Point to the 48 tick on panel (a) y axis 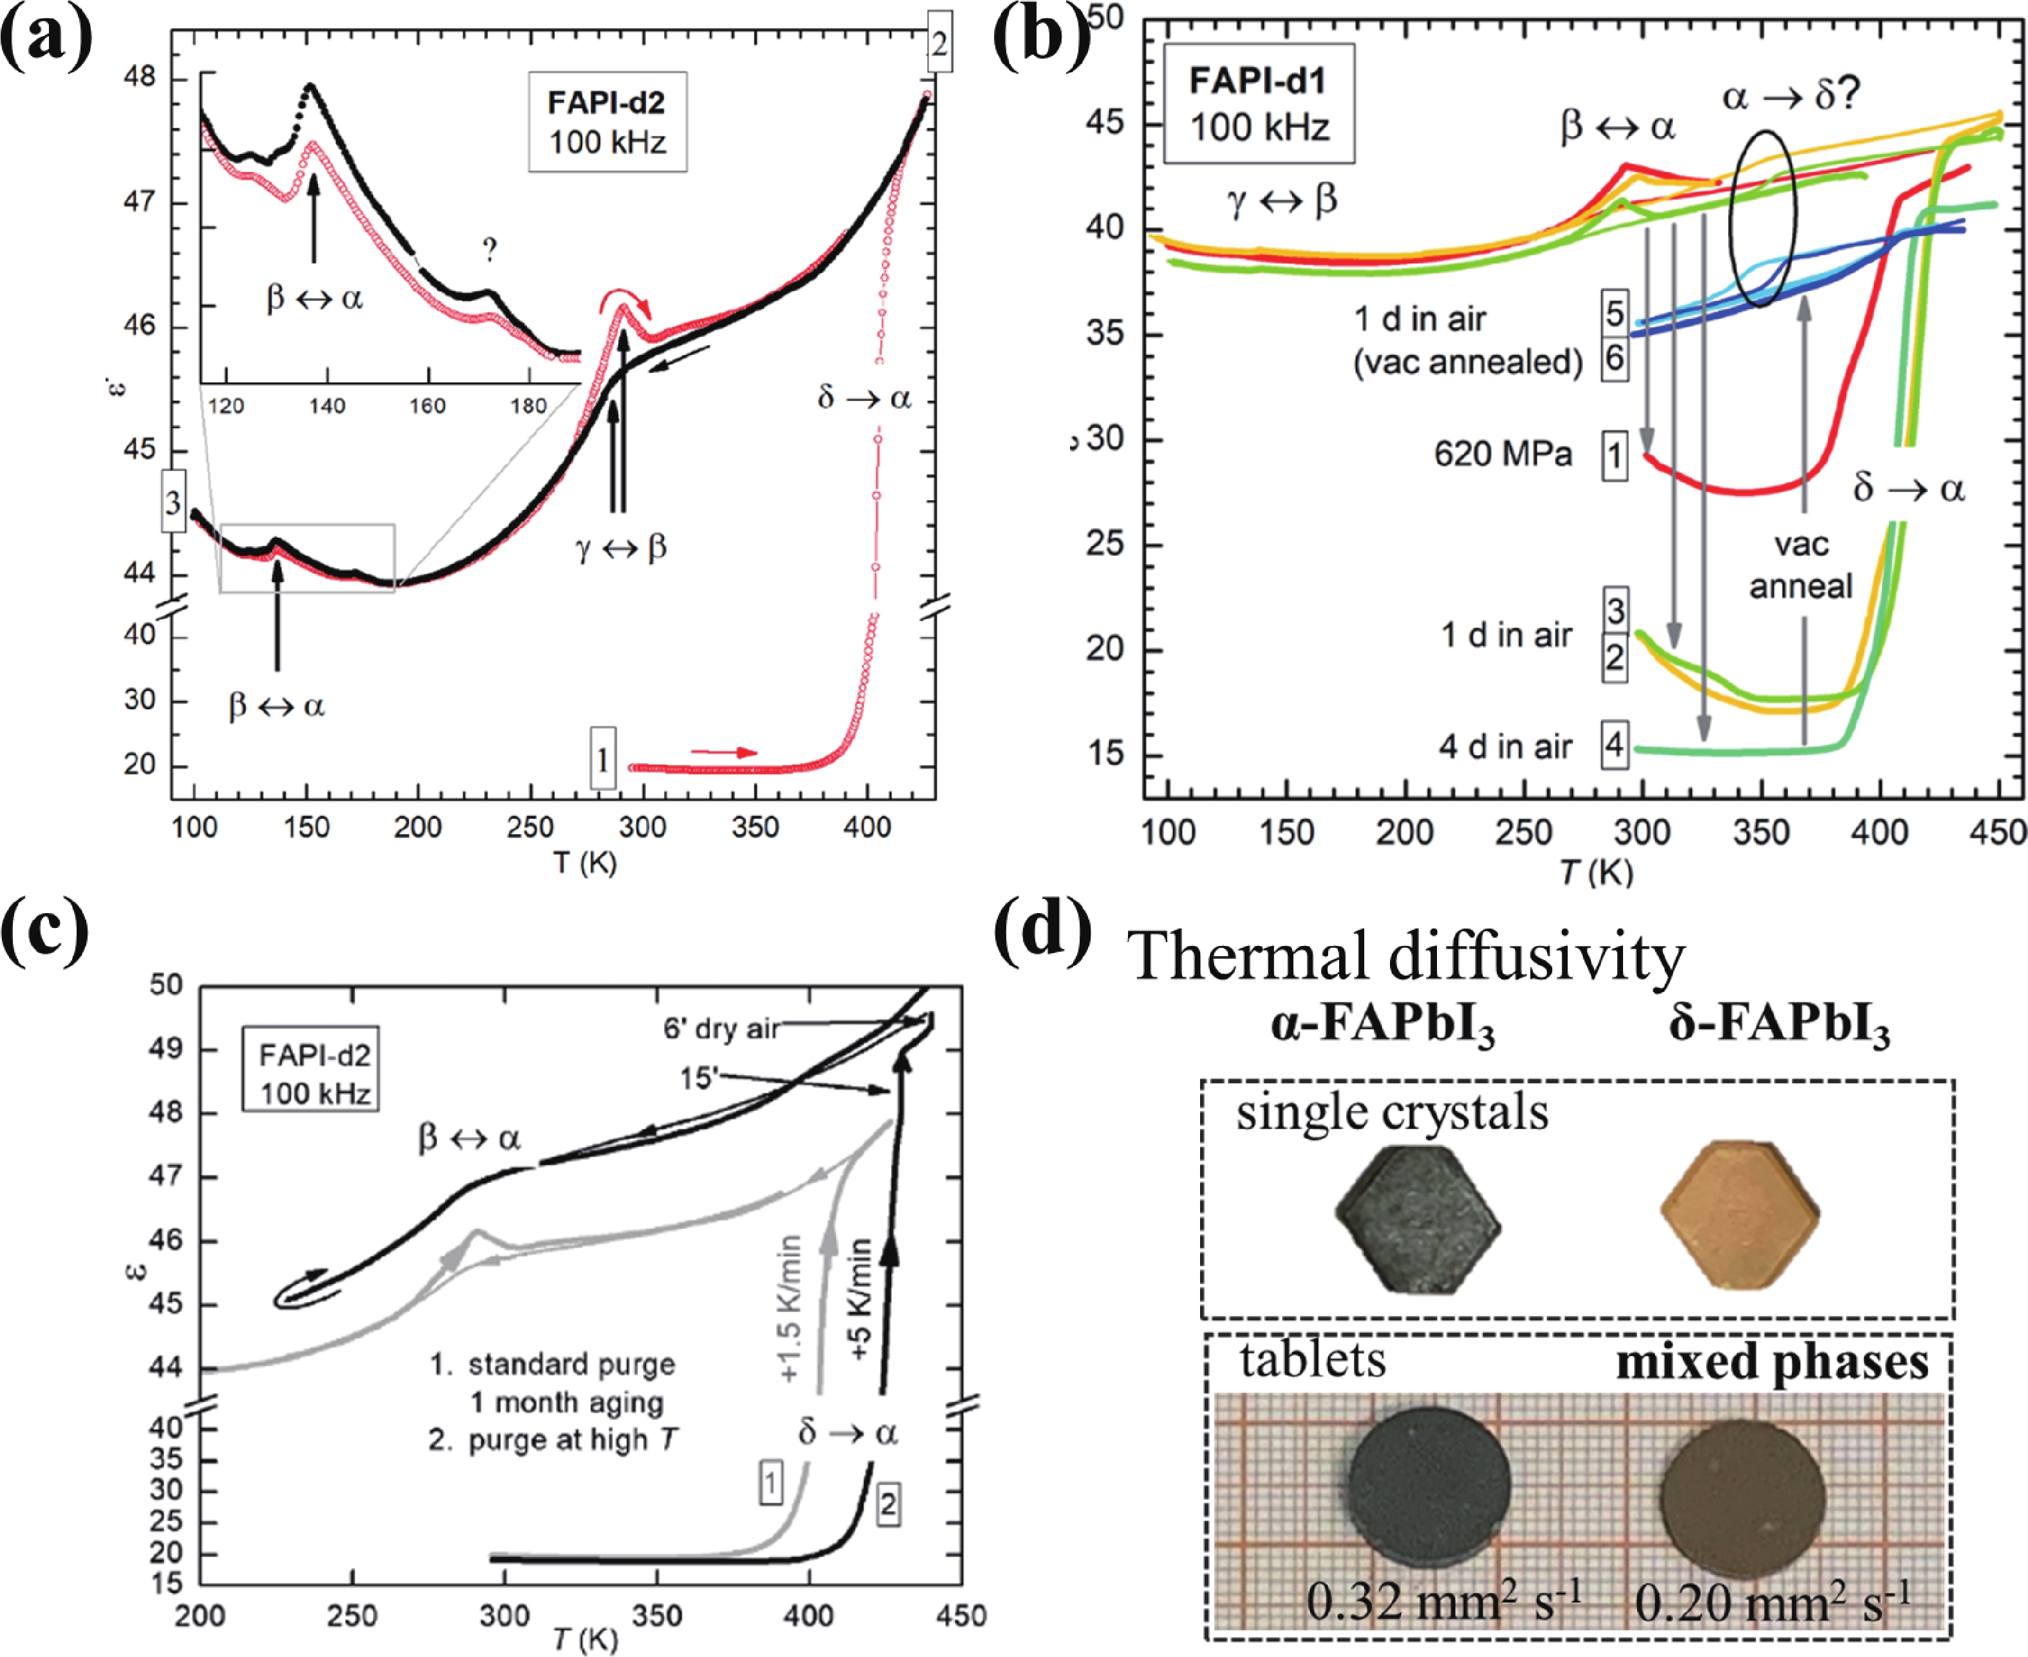tap(140, 77)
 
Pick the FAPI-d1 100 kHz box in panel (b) tap(1259, 104)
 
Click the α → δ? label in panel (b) tap(1791, 97)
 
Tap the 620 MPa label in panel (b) tap(1502, 454)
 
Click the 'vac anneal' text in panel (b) tap(1801, 565)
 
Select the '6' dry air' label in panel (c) tap(721, 1028)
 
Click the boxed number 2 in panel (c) tap(888, 1505)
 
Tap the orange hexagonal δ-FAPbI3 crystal tap(1741, 1212)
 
